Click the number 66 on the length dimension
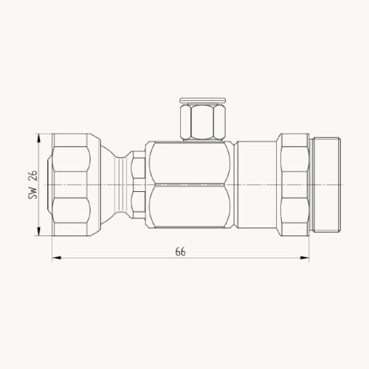coord(180,251)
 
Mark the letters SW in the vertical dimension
coord(32,194)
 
